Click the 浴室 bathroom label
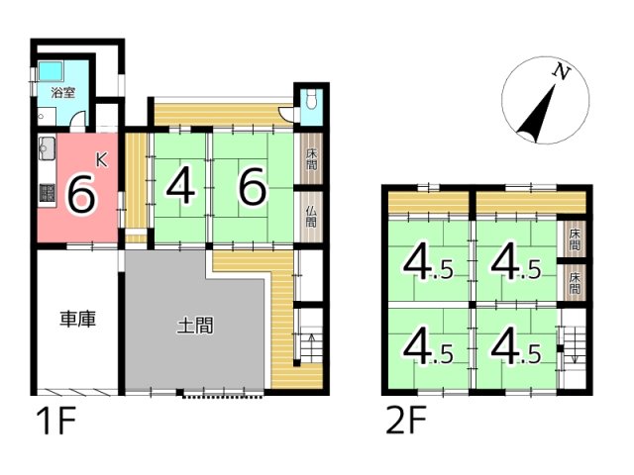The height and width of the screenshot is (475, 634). [63, 93]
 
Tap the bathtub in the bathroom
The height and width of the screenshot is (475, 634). [51, 70]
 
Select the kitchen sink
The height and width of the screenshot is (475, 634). [47, 147]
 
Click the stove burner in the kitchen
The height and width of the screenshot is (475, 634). [48, 193]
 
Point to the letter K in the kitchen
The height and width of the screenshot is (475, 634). [101, 160]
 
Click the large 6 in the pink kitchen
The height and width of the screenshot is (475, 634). [83, 195]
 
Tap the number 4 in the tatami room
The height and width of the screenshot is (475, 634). [180, 187]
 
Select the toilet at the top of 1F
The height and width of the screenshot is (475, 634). [311, 100]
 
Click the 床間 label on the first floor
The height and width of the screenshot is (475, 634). [311, 159]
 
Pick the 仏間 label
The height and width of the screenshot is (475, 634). [311, 217]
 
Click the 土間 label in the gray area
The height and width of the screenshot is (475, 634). [195, 326]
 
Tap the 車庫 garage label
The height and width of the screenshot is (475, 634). [77, 319]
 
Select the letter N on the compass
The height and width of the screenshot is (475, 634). [562, 71]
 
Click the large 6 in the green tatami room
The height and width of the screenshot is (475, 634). [253, 187]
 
